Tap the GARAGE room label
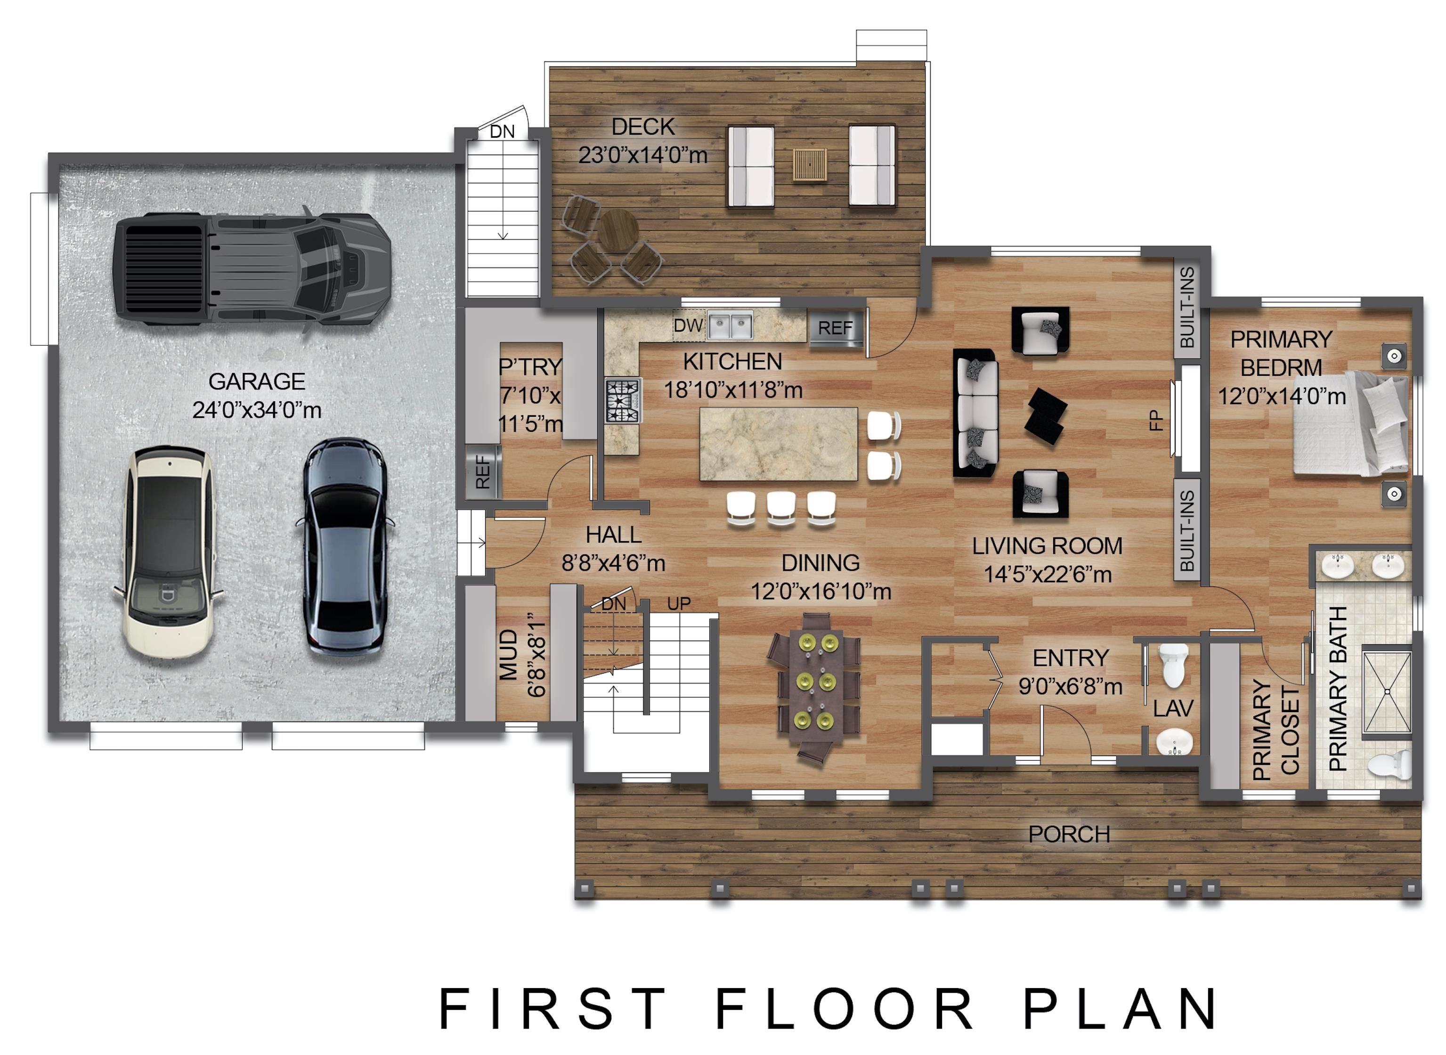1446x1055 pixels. [257, 381]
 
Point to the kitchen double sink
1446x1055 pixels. [732, 326]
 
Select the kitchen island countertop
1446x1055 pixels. [779, 444]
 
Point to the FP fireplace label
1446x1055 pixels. [1156, 421]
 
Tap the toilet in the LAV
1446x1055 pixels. [1173, 665]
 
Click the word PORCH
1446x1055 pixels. [1069, 834]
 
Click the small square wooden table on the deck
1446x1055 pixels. [810, 164]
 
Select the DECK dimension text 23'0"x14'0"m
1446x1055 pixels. [643, 155]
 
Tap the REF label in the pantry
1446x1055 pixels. [483, 472]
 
